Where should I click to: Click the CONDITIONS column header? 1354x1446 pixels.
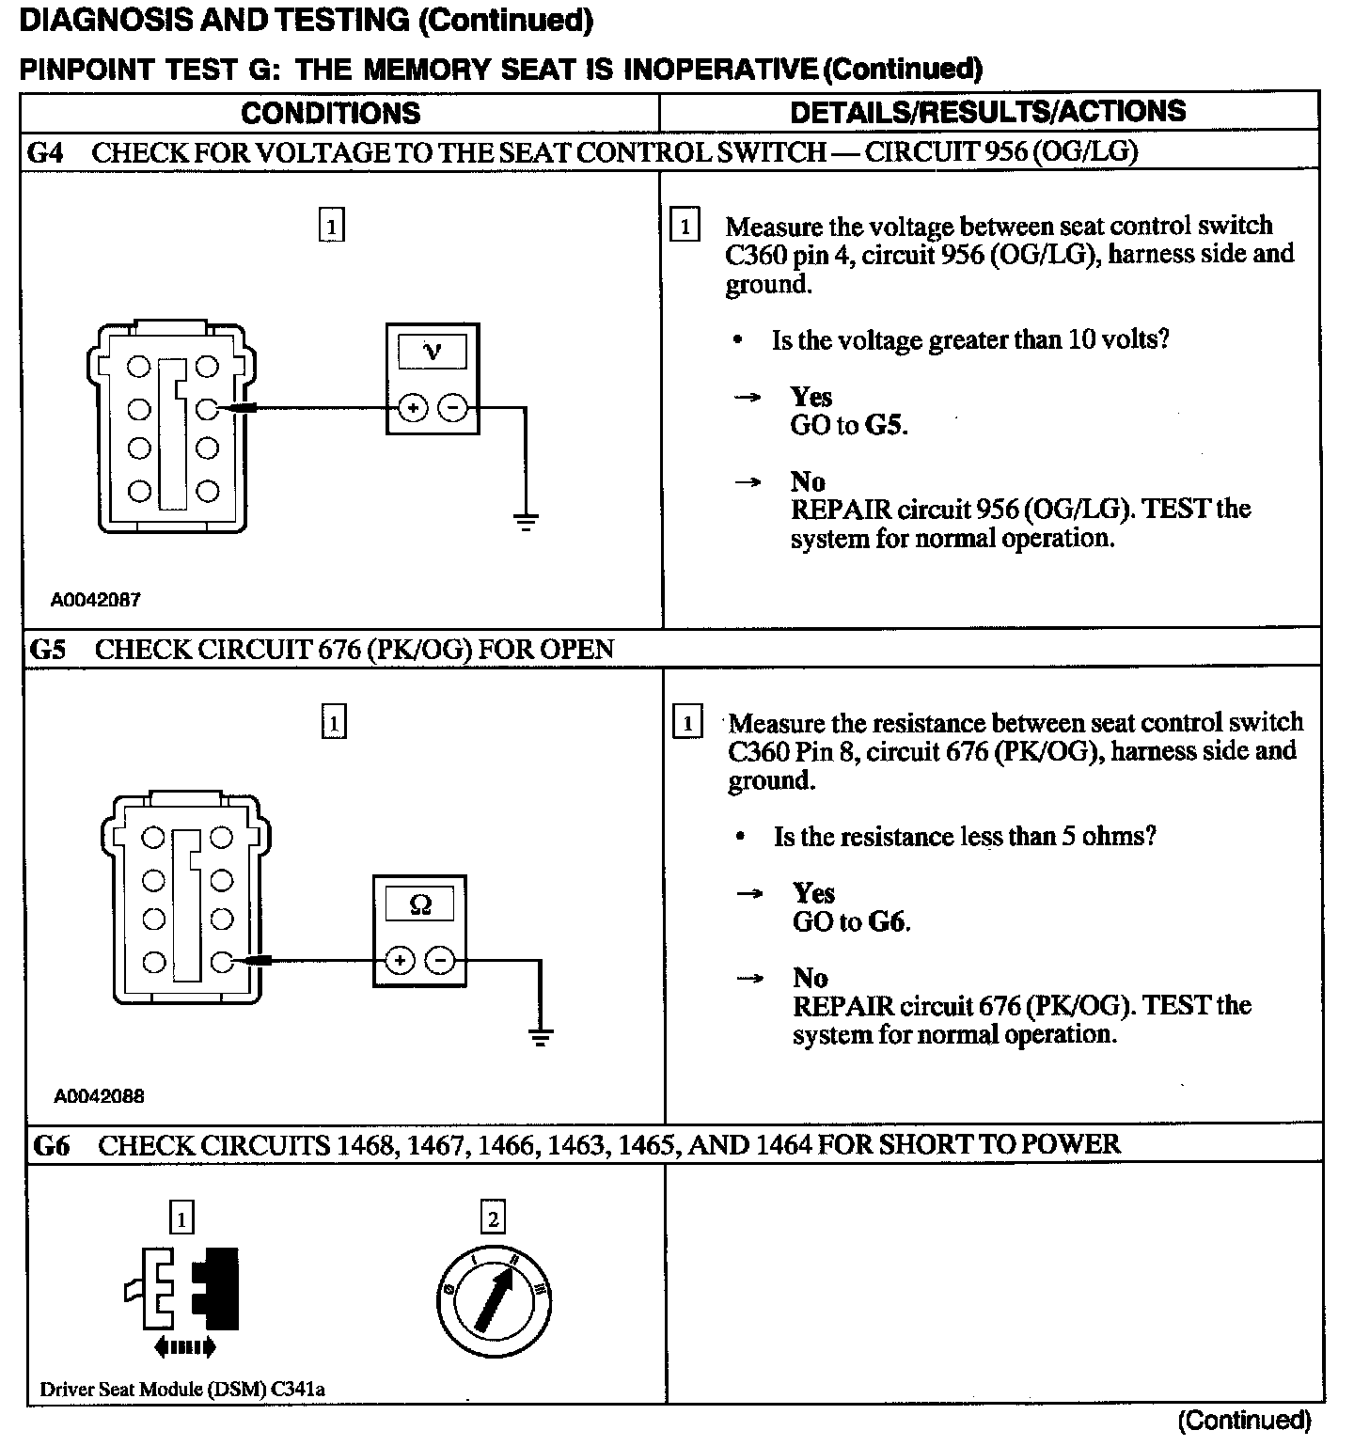click(330, 113)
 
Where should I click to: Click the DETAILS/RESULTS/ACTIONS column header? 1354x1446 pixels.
click(987, 112)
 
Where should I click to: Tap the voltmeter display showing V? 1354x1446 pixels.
click(433, 352)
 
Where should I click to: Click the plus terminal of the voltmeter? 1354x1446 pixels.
click(413, 408)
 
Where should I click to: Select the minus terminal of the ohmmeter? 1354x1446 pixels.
click(440, 960)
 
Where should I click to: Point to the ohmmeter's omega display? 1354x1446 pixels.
click(420, 904)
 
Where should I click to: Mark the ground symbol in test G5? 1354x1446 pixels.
click(540, 1037)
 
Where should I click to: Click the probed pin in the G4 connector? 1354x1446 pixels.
click(207, 408)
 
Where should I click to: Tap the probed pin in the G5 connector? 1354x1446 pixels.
click(221, 961)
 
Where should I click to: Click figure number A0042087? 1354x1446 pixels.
click(96, 599)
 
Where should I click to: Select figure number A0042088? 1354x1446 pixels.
click(99, 1095)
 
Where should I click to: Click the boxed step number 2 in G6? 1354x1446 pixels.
click(493, 1219)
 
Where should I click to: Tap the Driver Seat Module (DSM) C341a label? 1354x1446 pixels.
click(182, 1389)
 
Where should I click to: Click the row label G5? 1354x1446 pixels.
click(48, 650)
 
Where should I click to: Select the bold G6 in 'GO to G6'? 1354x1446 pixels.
click(888, 921)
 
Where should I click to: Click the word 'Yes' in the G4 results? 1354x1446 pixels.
click(811, 397)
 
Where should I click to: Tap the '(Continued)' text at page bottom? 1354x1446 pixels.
click(1243, 1420)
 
